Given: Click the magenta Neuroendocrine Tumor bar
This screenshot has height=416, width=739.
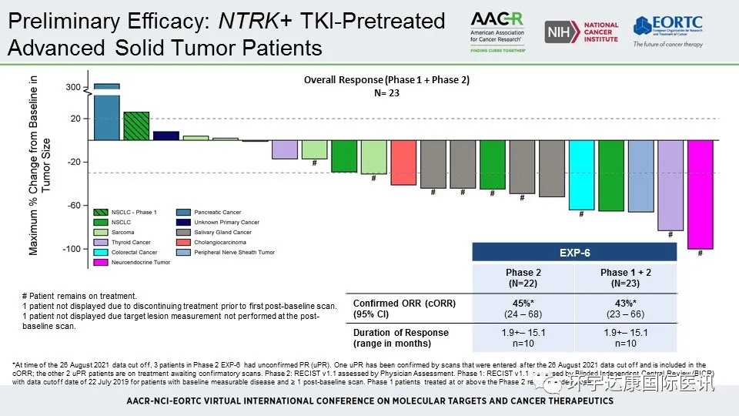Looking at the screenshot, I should [700, 194].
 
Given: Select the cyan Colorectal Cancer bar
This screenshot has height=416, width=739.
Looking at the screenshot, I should [581, 175].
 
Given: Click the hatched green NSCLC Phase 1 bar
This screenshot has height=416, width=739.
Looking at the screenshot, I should [136, 126].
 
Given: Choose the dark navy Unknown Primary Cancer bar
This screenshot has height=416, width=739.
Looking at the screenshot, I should [166, 136].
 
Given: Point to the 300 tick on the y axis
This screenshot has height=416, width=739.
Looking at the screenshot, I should [72, 88].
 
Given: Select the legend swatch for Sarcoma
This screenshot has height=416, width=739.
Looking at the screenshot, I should [100, 232].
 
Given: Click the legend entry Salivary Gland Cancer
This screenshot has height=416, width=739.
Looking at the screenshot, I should [223, 232].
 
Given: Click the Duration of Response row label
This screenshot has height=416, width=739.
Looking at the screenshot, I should [400, 333].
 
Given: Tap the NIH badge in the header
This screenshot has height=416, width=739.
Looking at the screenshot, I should [557, 32].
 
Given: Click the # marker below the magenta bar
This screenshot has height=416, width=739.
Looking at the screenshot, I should [700, 253].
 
